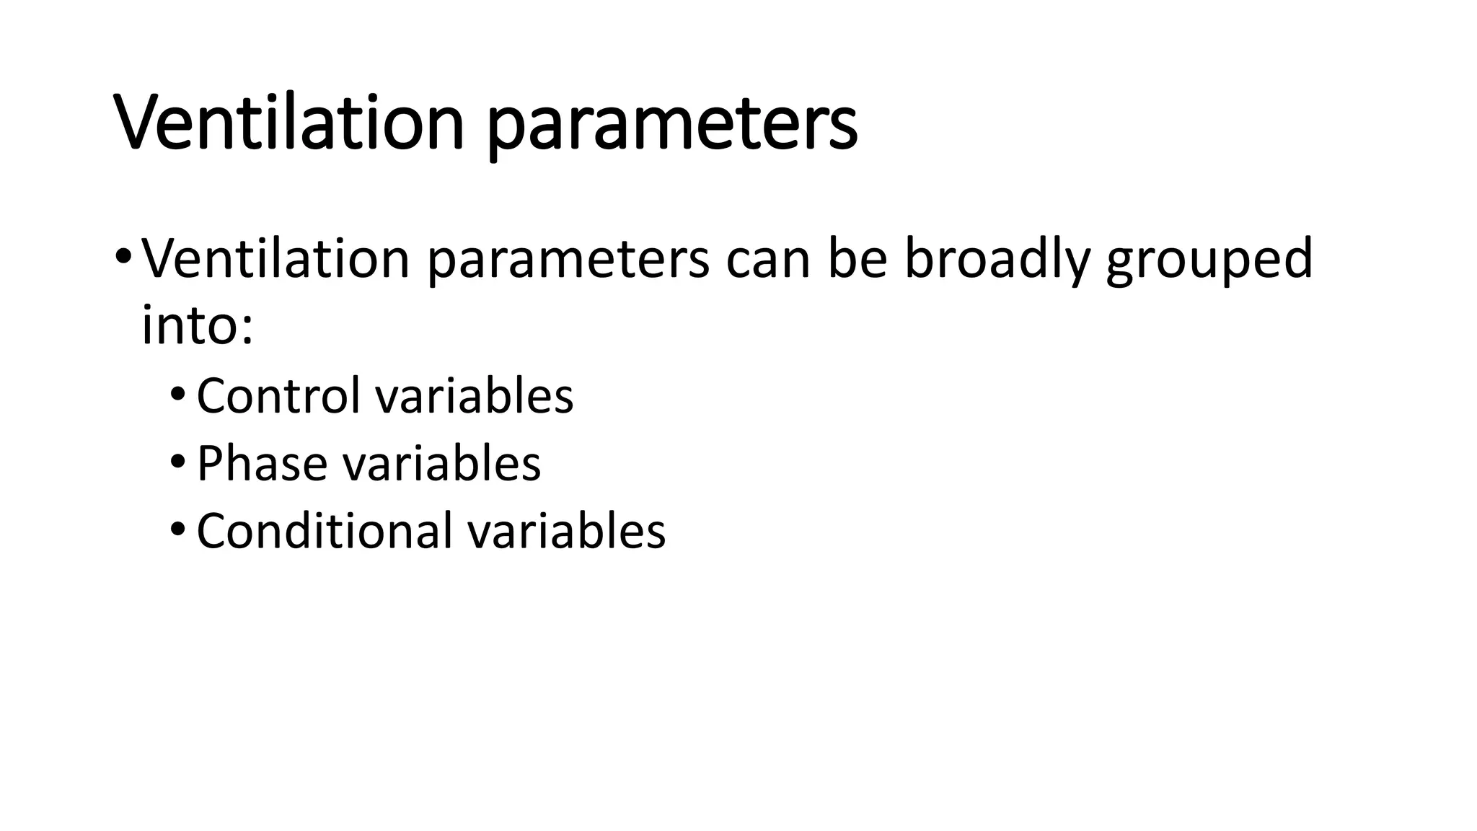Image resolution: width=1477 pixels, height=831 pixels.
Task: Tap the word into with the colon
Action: [x=197, y=325]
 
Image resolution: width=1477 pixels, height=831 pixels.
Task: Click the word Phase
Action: [x=261, y=463]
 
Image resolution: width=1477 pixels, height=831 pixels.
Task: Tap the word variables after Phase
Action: [x=441, y=463]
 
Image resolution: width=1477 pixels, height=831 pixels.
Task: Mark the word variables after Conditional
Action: [x=566, y=530]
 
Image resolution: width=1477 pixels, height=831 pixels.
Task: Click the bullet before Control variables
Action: [x=177, y=396]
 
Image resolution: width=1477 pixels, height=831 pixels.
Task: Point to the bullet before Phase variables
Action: [x=177, y=463]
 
